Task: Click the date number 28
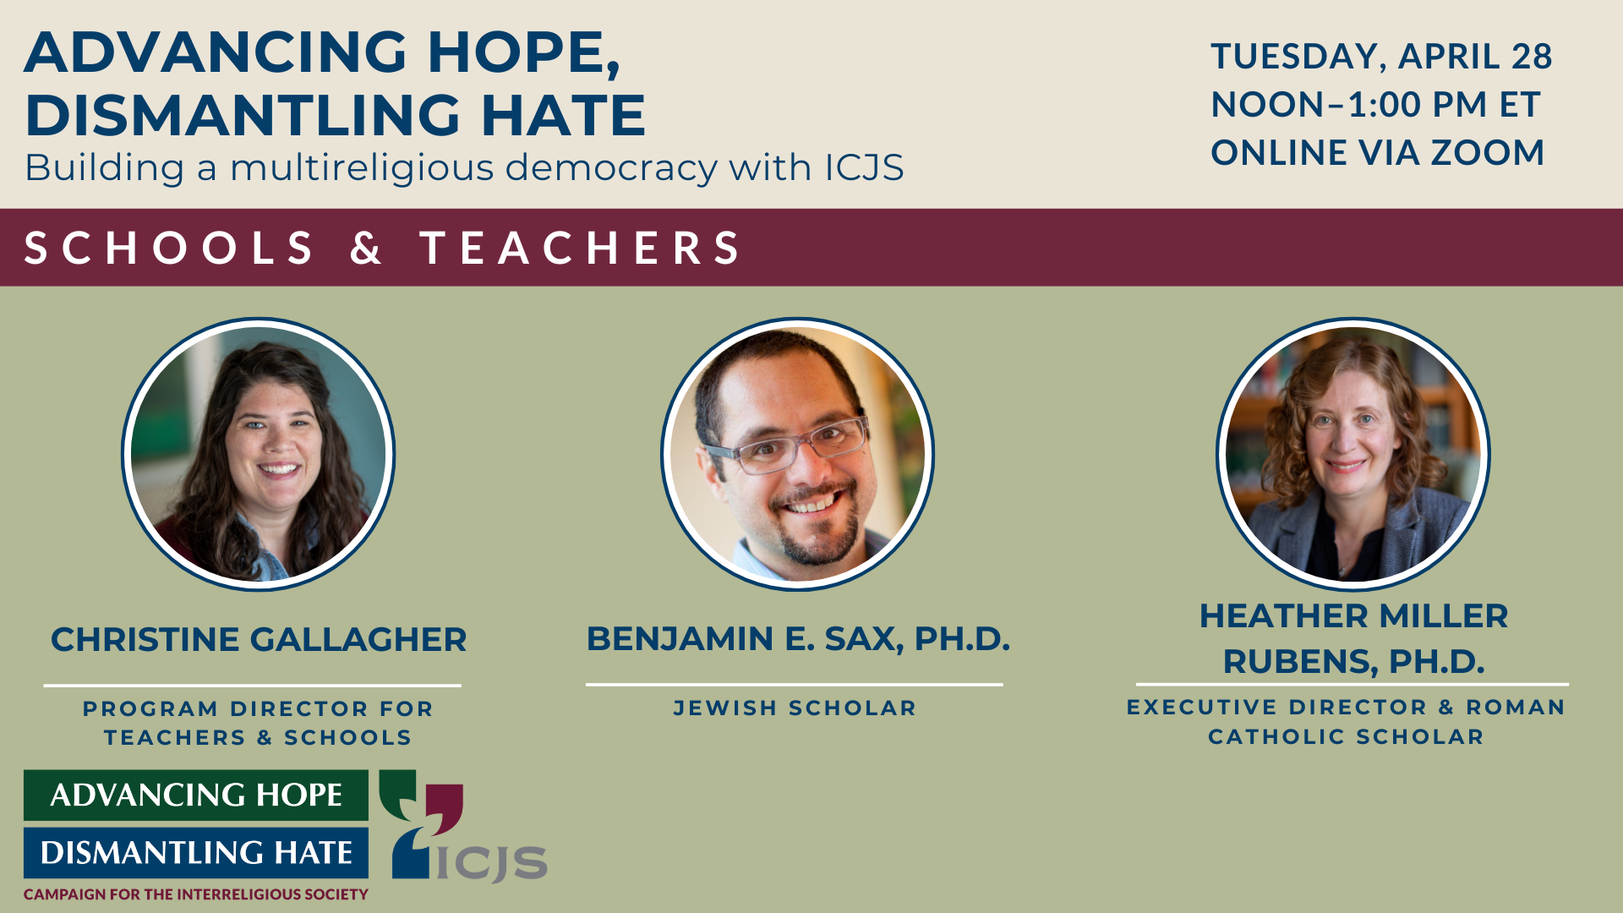(1532, 57)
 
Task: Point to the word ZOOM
(1488, 153)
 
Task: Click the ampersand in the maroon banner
(366, 248)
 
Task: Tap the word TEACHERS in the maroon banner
(580, 248)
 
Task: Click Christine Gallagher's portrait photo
(259, 454)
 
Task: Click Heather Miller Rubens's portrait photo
(1352, 454)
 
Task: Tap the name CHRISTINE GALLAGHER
(259, 640)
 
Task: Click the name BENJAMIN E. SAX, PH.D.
(798, 639)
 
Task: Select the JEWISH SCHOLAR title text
(795, 708)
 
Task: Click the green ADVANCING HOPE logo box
(196, 795)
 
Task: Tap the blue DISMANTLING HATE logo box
(196, 852)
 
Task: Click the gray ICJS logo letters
(491, 862)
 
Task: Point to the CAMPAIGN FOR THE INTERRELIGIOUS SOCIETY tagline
(196, 894)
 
